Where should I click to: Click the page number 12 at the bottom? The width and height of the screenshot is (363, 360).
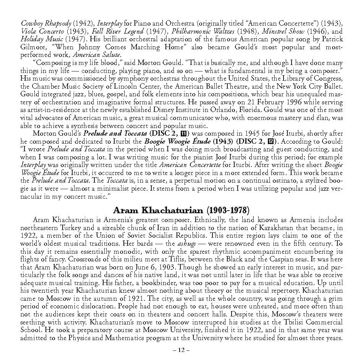point(181,349)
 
